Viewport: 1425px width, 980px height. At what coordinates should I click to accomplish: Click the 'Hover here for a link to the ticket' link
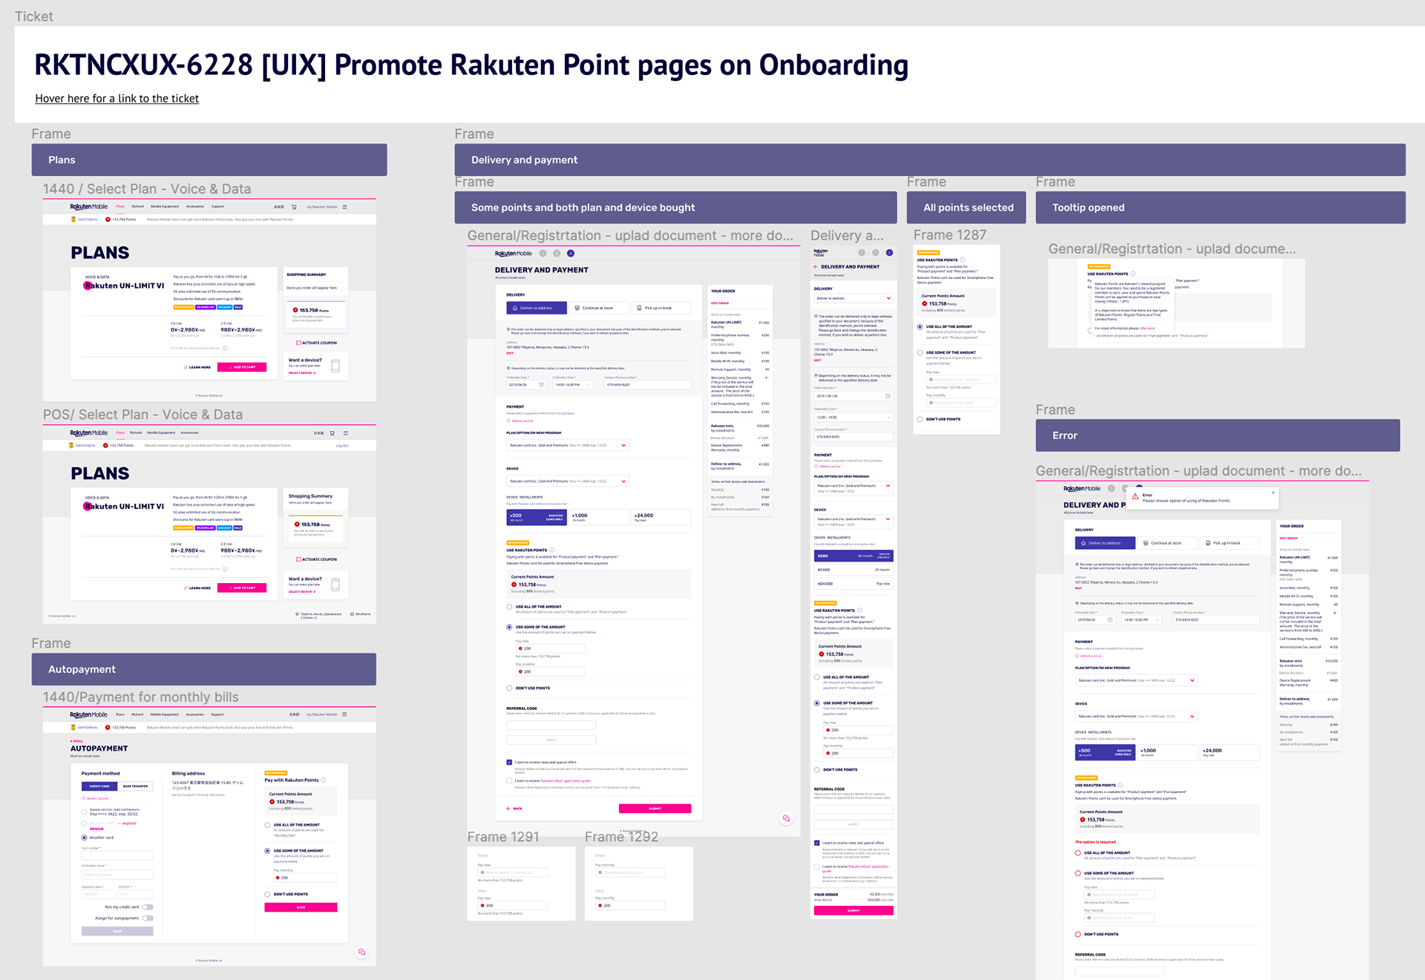pos(117,99)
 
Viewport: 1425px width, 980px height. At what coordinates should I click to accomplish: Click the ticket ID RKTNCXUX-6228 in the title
pos(143,65)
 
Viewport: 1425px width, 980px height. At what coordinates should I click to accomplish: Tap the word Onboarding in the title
pos(833,65)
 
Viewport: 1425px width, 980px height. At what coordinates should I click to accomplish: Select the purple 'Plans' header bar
pos(209,160)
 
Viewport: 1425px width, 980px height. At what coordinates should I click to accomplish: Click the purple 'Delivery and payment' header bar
pos(929,160)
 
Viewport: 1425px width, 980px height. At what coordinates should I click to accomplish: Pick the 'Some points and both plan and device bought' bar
pos(675,208)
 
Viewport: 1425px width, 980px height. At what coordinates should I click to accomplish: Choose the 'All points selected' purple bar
pos(966,208)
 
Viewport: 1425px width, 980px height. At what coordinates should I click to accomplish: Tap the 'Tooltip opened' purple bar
pos(1219,208)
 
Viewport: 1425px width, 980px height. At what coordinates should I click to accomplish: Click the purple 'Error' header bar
pos(1217,435)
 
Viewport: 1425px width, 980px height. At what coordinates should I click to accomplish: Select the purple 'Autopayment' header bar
pos(203,669)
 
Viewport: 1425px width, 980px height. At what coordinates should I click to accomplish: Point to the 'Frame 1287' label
pos(949,235)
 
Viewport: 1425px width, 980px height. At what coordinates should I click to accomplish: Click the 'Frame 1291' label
pos(502,837)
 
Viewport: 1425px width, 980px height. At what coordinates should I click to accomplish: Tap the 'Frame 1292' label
pos(621,837)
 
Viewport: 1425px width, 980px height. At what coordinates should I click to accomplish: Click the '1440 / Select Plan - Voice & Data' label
pos(147,189)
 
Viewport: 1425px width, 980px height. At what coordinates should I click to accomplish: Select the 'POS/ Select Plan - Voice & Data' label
pos(142,415)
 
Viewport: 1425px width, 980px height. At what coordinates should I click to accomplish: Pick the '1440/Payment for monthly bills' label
pos(140,697)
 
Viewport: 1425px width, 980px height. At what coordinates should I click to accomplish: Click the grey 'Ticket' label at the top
pos(34,16)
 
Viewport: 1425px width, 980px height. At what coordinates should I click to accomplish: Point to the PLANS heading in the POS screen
pos(100,473)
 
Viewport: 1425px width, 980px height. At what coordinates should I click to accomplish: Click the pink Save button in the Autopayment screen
pos(301,907)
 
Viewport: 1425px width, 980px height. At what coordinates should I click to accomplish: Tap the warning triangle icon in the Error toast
pos(1135,496)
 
